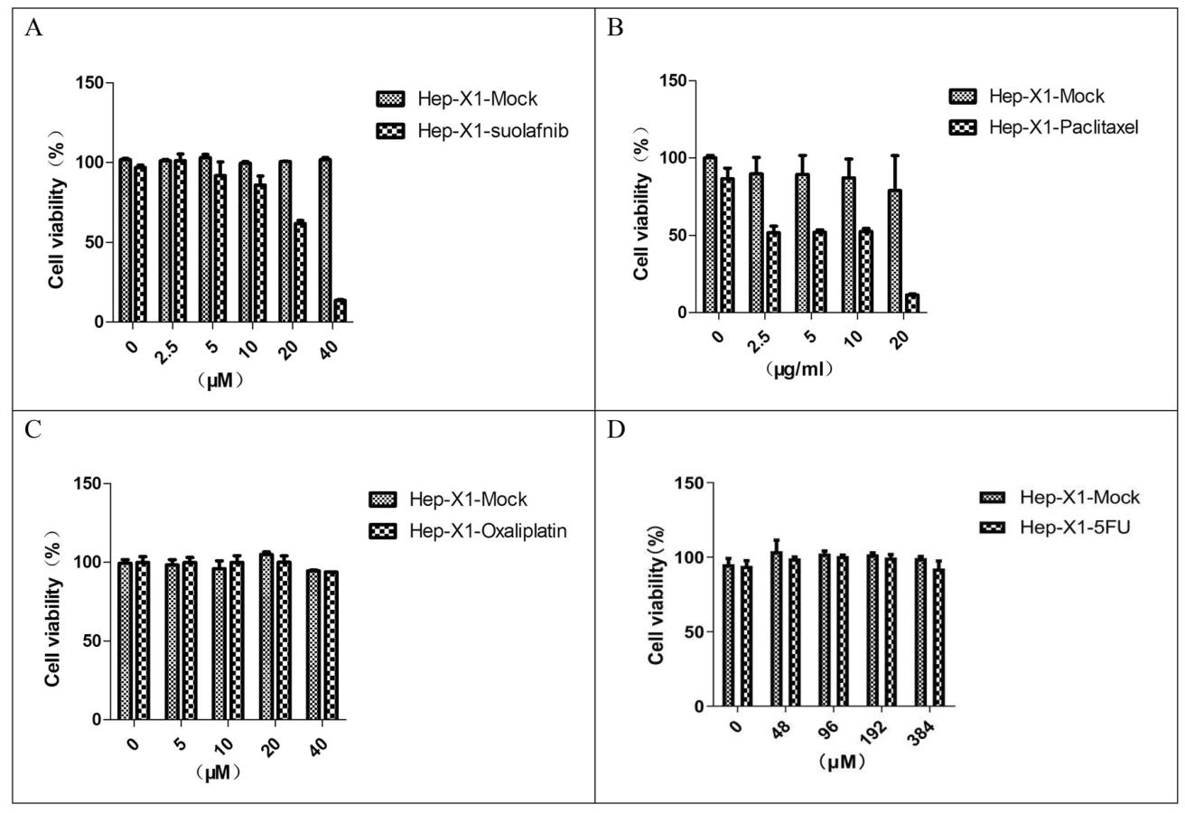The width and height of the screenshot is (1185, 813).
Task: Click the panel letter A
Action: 33,28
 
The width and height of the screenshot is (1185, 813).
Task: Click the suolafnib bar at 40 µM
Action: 341,310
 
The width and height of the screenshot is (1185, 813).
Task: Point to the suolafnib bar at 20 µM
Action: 300,271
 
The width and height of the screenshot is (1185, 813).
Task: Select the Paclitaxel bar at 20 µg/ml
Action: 912,303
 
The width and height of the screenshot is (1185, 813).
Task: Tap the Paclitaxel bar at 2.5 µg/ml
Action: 773,272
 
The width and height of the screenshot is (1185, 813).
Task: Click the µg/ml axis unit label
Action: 798,369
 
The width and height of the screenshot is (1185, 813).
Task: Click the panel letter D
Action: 616,428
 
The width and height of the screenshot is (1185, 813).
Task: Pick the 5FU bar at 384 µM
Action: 938,637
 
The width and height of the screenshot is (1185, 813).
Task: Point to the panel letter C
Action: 33,428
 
